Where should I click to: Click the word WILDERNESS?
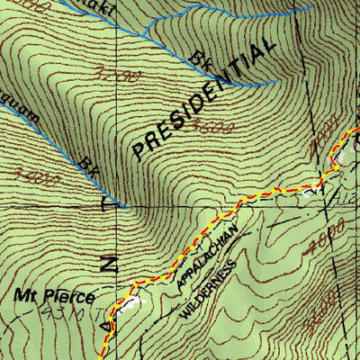209,286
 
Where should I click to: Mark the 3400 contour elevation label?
43,177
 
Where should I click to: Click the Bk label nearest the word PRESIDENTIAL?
200,60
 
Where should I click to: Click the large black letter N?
108,264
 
